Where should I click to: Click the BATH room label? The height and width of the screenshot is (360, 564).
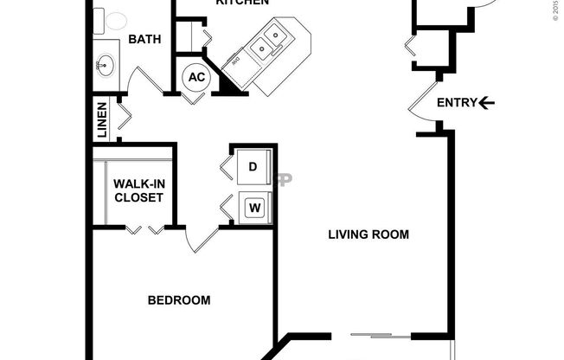point(144,39)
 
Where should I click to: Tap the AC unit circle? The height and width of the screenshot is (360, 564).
point(196,77)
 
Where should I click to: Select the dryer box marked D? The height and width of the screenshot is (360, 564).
point(253,165)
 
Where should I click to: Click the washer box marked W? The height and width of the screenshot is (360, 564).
point(254,208)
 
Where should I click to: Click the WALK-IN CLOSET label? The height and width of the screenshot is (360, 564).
point(138,190)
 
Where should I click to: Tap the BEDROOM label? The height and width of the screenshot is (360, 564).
point(179,300)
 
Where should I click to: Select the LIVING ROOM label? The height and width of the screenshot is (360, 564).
point(369,234)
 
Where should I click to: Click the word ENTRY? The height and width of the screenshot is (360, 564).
point(456,103)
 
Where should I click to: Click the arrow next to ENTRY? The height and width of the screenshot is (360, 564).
point(487,103)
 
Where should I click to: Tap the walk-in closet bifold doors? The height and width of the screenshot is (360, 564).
point(144,229)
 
